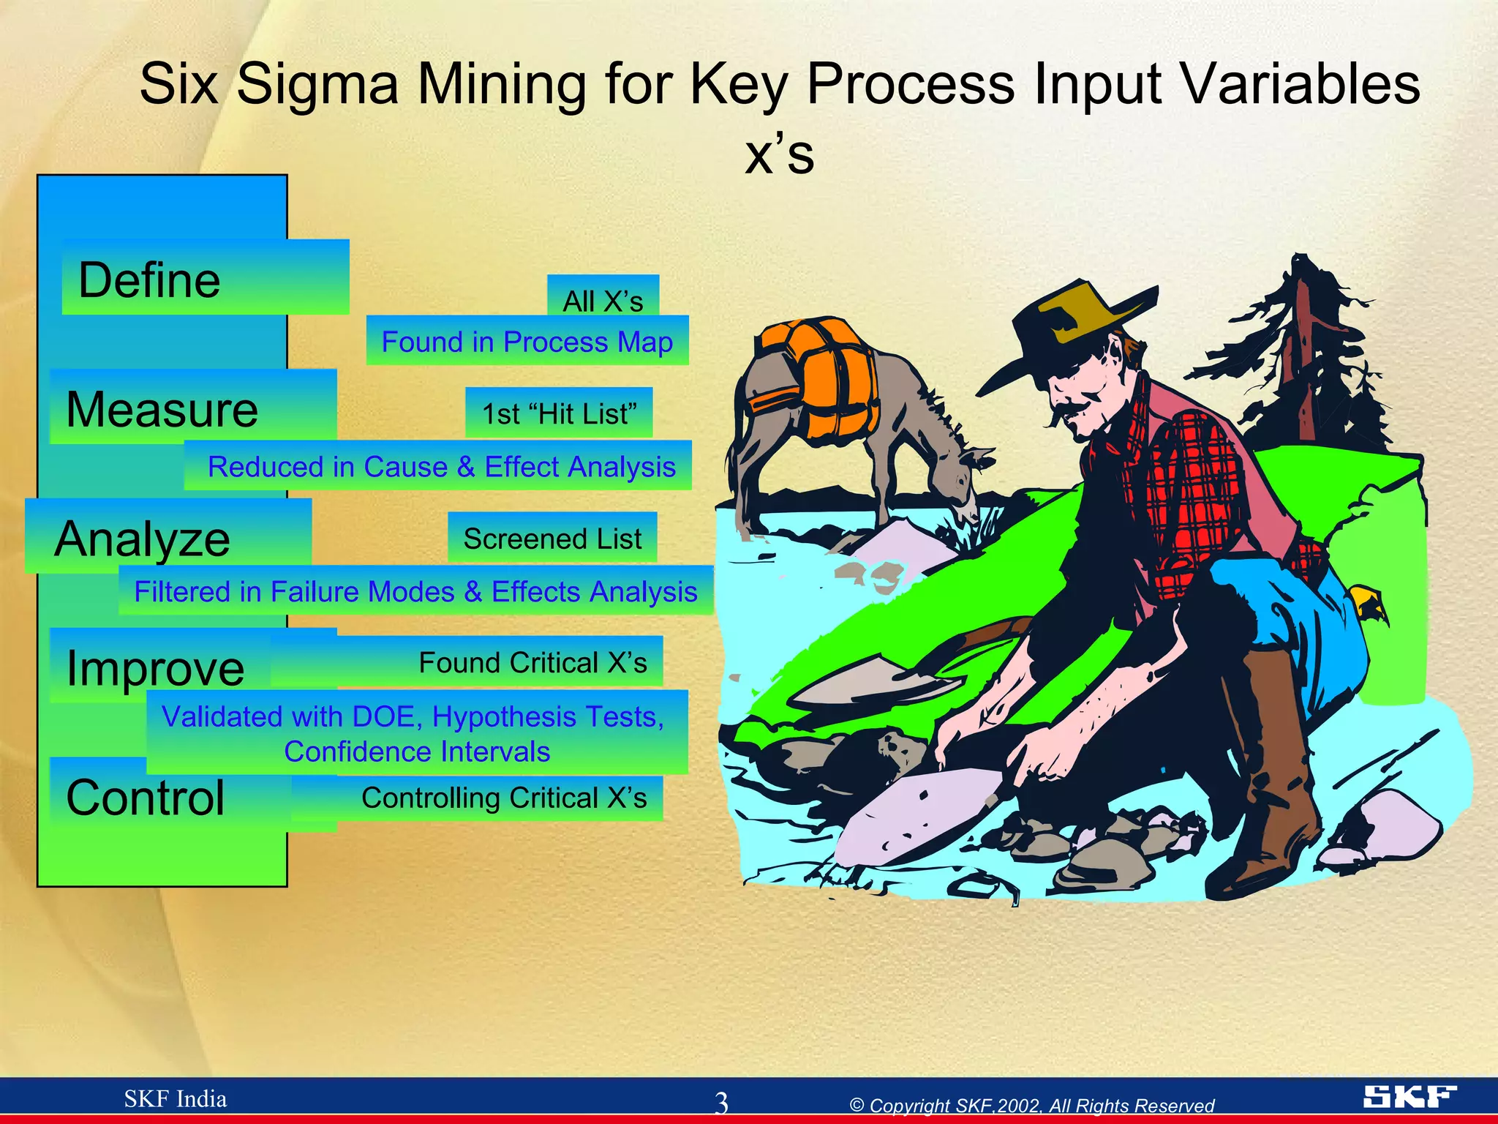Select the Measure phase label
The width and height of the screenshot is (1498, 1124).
(x=162, y=409)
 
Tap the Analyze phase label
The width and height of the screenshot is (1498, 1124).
(x=143, y=539)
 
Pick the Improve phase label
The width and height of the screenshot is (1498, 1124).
(x=156, y=667)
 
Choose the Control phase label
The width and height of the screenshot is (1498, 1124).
(x=146, y=797)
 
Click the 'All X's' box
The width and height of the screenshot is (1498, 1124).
(x=603, y=300)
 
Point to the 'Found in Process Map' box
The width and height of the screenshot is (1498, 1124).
(x=527, y=341)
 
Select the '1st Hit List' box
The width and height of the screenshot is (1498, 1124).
(x=559, y=413)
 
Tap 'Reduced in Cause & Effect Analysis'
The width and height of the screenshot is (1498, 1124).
(x=441, y=466)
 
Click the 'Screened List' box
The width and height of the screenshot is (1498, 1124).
(x=552, y=539)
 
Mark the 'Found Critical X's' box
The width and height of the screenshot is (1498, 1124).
(x=532, y=662)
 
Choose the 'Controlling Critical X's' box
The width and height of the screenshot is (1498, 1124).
(x=504, y=798)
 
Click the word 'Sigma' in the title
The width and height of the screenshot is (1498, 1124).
(x=317, y=83)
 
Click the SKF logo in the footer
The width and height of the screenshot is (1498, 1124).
(x=1409, y=1096)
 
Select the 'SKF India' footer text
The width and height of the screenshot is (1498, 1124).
(x=176, y=1098)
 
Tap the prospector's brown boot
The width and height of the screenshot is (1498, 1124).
(x=1273, y=768)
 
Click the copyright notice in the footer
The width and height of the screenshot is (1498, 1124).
(x=1031, y=1105)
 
